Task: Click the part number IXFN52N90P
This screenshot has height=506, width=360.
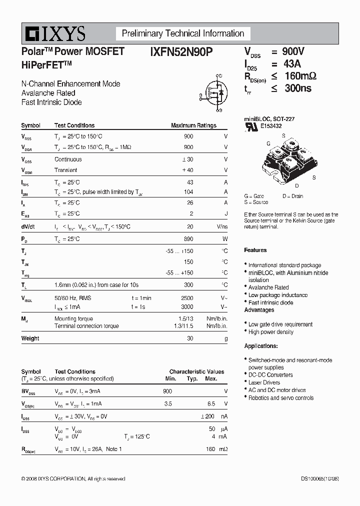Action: coord(181,51)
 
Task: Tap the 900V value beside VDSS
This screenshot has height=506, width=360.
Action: coord(293,51)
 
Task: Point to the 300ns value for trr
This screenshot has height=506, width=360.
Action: coord(297,88)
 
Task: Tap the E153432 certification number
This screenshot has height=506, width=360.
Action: coord(270,126)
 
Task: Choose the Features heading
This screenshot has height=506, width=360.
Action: coord(255,250)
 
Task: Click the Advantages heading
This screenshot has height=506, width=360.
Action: coord(259,310)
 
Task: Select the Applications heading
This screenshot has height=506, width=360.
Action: coord(261,346)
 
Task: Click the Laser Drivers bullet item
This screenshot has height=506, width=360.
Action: coord(264,382)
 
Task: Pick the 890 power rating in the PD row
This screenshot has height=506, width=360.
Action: coord(188,239)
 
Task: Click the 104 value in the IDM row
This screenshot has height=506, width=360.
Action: coord(188,192)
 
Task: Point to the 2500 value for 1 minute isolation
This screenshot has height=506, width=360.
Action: coord(186,298)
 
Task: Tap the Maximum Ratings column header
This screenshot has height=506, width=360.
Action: coord(193,125)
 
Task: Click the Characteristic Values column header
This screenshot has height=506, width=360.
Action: coord(196,371)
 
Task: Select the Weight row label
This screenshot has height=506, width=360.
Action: coord(30,338)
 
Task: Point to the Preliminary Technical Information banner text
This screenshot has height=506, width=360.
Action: coord(183,33)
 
